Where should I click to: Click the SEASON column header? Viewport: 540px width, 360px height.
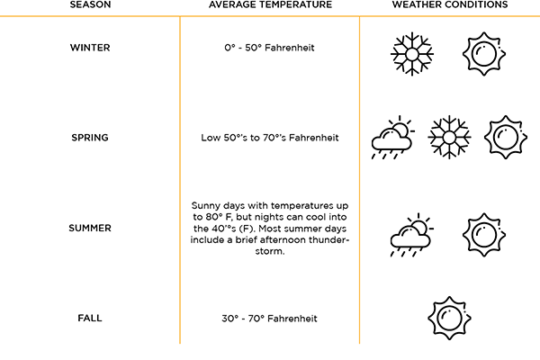point(90,4)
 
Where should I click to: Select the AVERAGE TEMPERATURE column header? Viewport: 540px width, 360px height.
point(270,4)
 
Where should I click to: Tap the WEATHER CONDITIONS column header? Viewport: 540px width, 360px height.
point(450,4)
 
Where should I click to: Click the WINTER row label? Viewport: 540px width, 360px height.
point(90,48)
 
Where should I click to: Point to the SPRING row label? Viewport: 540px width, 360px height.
point(90,138)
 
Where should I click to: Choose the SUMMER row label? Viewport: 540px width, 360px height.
point(90,228)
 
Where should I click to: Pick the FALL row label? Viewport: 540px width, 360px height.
point(90,318)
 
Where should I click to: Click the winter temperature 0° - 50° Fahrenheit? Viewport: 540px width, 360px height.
point(269,48)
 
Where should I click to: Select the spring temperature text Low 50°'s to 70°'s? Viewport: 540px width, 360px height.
point(244,138)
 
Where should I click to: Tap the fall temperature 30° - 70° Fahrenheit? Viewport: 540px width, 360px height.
point(269,319)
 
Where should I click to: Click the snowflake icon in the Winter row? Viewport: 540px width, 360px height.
point(412,54)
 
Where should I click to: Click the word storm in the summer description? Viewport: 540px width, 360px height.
point(269,251)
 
